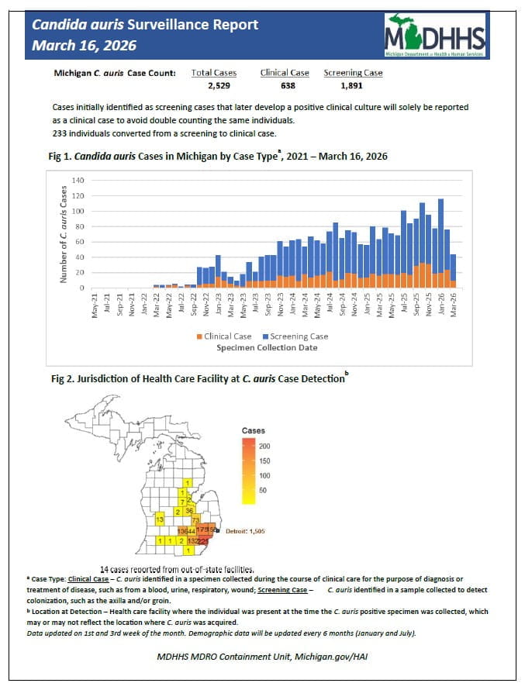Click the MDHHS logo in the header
point(434,36)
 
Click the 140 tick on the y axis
point(78,181)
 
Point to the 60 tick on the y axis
point(80,242)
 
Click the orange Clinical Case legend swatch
point(200,336)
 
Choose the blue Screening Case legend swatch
point(265,336)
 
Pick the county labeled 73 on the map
point(196,519)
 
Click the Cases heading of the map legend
point(254,431)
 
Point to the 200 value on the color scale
point(264,447)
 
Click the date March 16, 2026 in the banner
point(84,46)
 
